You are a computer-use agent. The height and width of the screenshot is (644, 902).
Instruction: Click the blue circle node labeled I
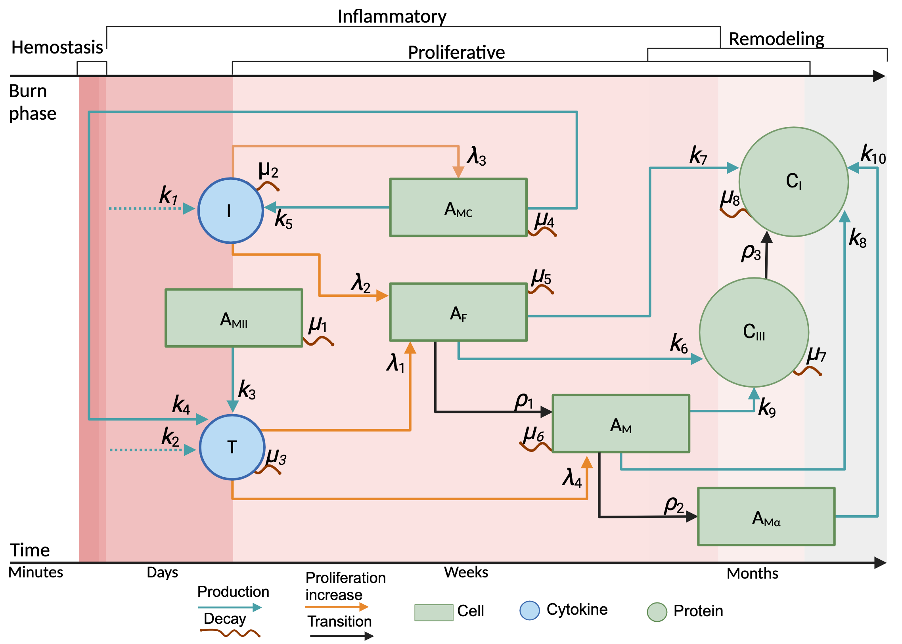pyautogui.click(x=230, y=210)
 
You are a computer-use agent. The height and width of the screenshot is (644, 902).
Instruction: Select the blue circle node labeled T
pyautogui.click(x=232, y=447)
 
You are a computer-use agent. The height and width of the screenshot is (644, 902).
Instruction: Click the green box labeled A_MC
pyautogui.click(x=458, y=207)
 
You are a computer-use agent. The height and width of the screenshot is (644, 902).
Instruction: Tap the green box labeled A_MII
pyautogui.click(x=234, y=318)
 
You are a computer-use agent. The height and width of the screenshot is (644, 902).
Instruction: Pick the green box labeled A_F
pyautogui.click(x=458, y=312)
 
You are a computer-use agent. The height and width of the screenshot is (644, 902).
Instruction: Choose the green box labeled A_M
pyautogui.click(x=621, y=424)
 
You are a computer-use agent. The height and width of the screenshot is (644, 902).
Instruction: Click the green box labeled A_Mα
pyautogui.click(x=766, y=516)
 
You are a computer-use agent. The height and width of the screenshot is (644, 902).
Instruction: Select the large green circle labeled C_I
pyautogui.click(x=794, y=182)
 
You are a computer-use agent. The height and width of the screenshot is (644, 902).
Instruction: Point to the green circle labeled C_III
pyautogui.click(x=754, y=333)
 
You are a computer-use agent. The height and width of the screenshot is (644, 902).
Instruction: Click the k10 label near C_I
pyautogui.click(x=873, y=155)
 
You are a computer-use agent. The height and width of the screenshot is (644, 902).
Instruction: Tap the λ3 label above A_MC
pyautogui.click(x=476, y=156)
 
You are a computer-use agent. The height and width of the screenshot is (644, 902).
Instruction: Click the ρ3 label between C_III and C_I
pyautogui.click(x=751, y=252)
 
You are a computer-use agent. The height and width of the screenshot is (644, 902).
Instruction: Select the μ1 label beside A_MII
pyautogui.click(x=318, y=325)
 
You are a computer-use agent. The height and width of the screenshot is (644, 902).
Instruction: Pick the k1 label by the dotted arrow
pyautogui.click(x=169, y=195)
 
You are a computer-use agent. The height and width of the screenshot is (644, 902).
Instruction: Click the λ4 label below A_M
pyautogui.click(x=572, y=478)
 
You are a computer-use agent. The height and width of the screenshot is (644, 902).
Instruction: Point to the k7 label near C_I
pyautogui.click(x=698, y=155)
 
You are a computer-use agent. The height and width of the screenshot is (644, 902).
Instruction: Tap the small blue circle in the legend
pyautogui.click(x=530, y=611)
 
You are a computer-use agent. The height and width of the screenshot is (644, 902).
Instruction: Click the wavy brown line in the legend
pyautogui.click(x=230, y=633)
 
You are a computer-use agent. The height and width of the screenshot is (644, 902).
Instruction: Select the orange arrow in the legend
pyautogui.click(x=336, y=607)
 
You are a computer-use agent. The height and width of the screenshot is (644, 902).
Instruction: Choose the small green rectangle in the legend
pyautogui.click(x=433, y=613)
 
